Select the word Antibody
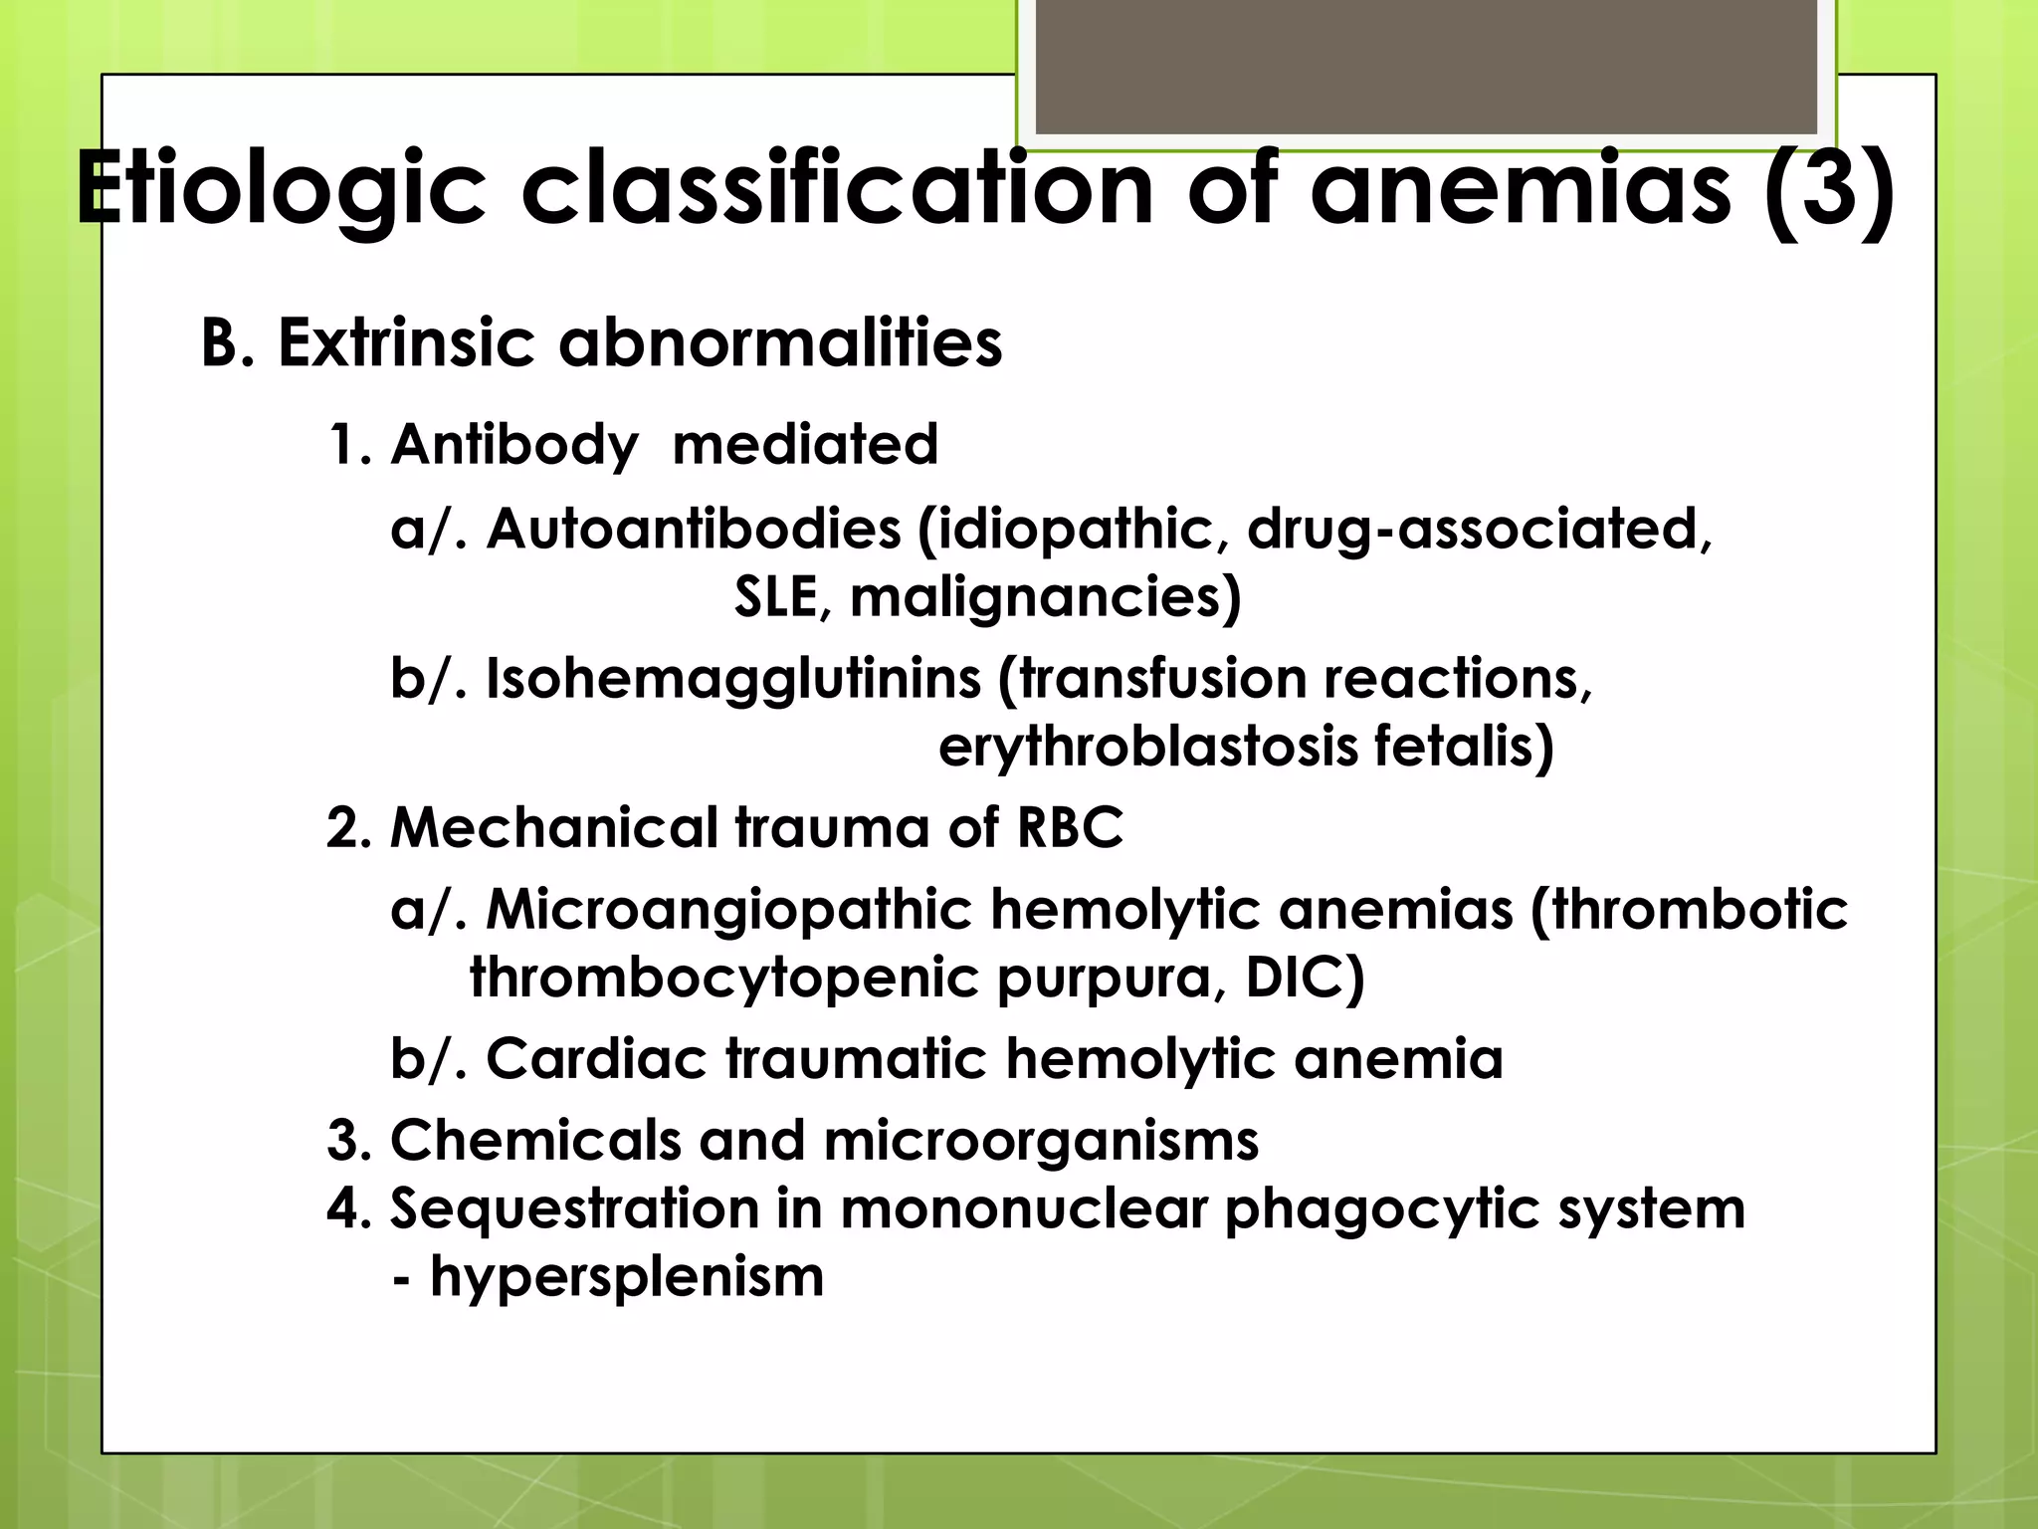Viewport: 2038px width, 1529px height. click(513, 444)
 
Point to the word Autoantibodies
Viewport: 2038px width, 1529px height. click(694, 528)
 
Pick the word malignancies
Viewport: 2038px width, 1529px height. click(1045, 597)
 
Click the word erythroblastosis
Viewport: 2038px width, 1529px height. click(1147, 747)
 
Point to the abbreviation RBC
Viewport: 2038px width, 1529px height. click(1070, 827)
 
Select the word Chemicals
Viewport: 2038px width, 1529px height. click(535, 1140)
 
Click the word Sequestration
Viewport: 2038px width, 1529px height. click(574, 1209)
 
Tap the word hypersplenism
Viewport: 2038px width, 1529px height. click(627, 1277)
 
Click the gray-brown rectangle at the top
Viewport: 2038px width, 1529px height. click(1426, 66)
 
